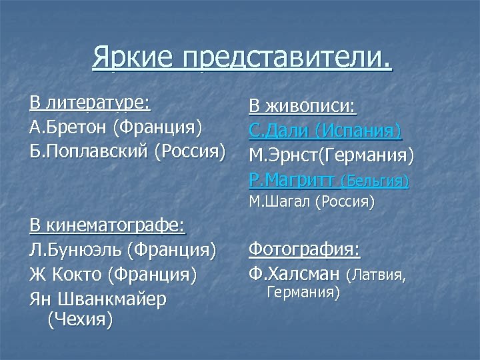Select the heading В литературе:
point(90,103)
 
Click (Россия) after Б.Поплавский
point(191,149)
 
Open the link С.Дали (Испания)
point(325,131)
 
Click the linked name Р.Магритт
point(292,180)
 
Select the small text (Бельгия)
point(375,181)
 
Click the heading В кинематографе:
point(107,225)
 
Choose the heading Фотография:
point(305,250)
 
